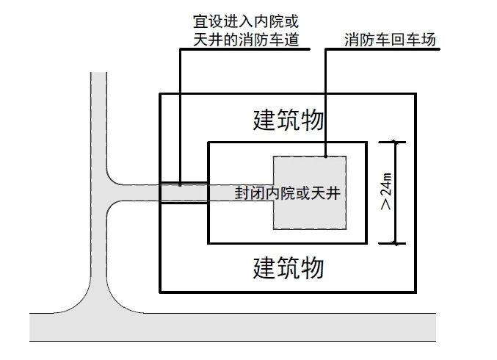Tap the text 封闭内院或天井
coord(289,193)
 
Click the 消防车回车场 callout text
coord(390,40)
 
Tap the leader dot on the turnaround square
coord(325,156)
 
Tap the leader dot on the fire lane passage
coord(180,184)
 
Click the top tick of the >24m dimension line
coord(396,142)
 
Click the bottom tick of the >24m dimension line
coord(396,243)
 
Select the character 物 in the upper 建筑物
coord(311,120)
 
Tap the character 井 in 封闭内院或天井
coord(336,193)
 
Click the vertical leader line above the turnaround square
coord(325,103)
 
